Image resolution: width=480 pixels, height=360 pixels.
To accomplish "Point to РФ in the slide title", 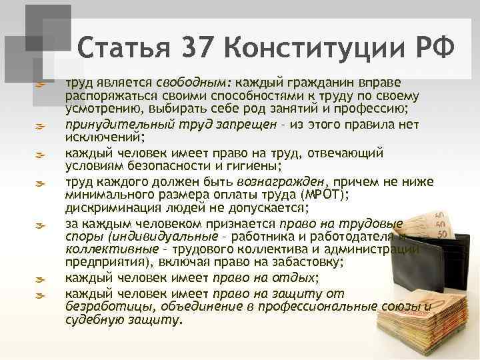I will [x=433, y=48].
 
